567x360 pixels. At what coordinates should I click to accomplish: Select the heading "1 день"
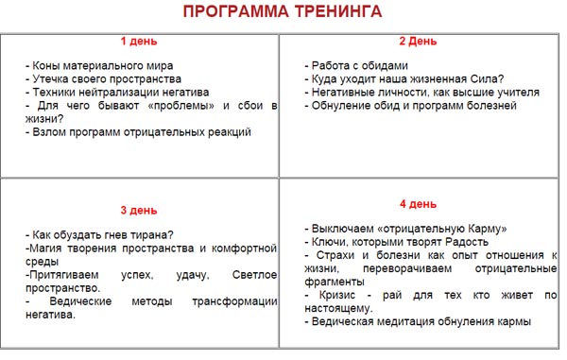139,42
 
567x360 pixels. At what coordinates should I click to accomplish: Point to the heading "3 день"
139,210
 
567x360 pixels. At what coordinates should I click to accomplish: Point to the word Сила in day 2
485,79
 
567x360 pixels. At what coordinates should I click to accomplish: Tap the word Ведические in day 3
76,300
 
